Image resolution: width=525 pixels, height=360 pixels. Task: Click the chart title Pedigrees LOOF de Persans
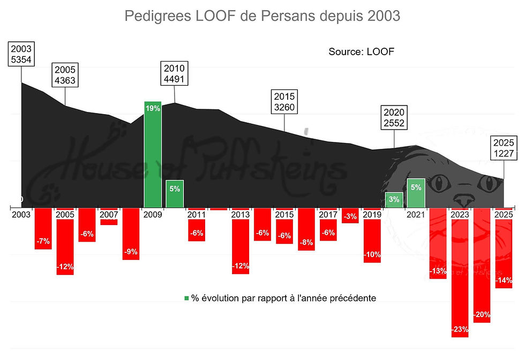click(262, 16)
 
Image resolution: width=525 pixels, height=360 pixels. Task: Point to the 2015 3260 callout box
click(284, 102)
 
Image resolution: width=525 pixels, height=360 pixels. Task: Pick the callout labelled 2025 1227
click(503, 148)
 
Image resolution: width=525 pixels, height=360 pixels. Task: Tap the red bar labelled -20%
click(482, 265)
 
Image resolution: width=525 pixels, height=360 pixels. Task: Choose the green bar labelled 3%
click(394, 200)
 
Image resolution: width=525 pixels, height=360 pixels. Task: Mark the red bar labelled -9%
click(131, 234)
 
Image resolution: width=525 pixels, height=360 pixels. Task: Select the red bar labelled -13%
click(438, 243)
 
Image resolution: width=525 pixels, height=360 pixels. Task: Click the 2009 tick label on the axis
click(153, 214)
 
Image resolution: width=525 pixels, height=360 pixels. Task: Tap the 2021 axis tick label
click(416, 214)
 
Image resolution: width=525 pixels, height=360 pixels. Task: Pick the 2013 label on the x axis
click(240, 214)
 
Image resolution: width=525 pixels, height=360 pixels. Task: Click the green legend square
click(186, 298)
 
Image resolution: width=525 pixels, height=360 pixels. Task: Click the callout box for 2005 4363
click(65, 76)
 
